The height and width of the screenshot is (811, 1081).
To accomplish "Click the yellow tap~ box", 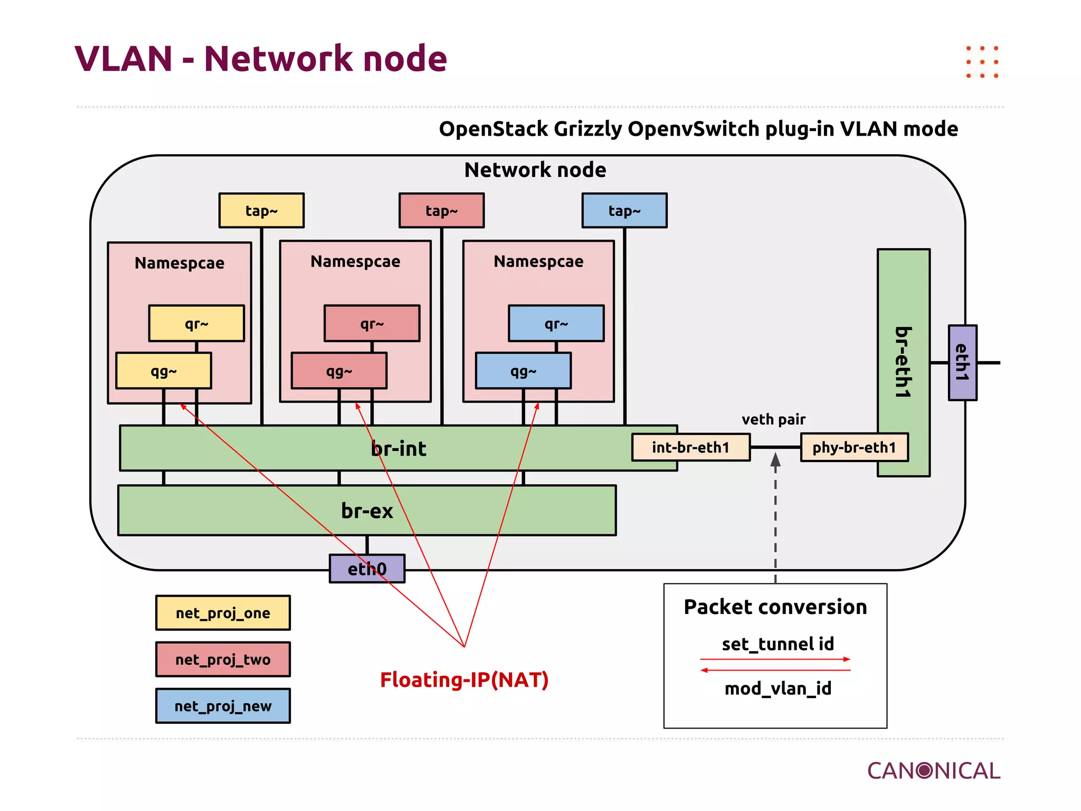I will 261,211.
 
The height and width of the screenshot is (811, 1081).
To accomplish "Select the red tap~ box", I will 441,211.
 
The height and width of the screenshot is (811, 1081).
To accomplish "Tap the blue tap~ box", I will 624,211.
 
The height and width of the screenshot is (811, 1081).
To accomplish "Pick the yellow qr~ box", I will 196,323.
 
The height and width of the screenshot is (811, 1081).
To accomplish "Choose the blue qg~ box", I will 523,371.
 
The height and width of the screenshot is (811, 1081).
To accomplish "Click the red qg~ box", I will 339,371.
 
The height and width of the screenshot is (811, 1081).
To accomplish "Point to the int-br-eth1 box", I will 690,447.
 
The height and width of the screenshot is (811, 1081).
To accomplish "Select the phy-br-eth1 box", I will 854,447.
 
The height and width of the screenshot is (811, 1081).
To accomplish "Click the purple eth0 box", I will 367,569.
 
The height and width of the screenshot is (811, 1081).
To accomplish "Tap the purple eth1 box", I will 962,363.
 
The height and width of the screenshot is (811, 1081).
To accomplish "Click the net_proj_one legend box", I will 223,613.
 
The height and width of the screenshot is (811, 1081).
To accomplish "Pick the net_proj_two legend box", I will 223,659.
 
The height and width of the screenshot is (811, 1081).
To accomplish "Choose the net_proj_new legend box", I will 223,706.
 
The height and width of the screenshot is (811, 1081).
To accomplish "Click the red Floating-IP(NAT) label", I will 464,680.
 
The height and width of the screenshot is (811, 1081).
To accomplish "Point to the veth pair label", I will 773,419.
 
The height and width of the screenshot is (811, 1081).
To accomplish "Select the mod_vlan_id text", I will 777,689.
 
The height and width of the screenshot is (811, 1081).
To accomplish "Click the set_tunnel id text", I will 777,644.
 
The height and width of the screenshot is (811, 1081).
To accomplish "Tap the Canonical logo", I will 933,771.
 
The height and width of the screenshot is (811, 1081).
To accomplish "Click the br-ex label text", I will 367,511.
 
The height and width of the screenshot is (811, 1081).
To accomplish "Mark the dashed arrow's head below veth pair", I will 775,459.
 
